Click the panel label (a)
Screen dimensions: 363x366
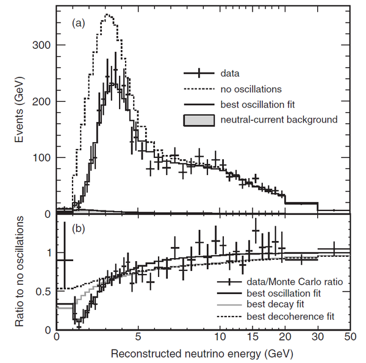point(78,24)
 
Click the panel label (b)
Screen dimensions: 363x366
point(78,230)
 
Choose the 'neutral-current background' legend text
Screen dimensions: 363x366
point(278,120)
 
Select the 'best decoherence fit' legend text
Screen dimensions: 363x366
point(290,317)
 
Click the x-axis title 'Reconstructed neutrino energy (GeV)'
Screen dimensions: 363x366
point(203,353)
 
